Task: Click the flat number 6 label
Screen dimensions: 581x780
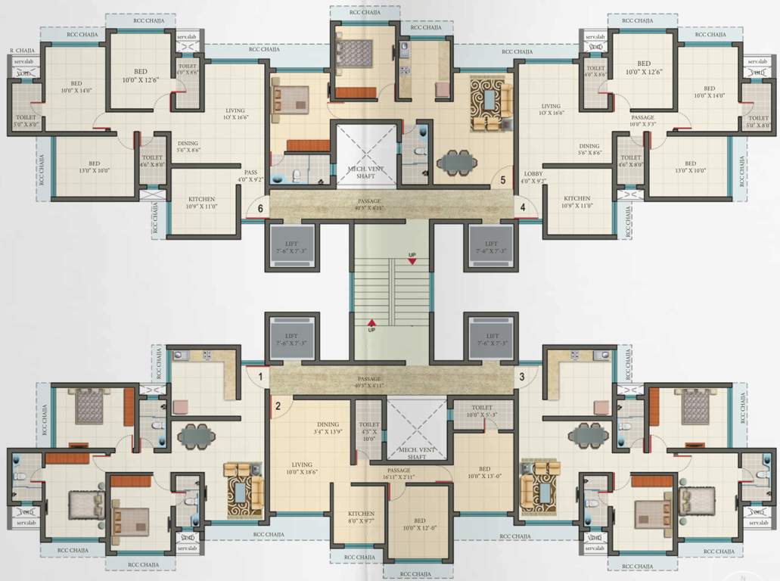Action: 261,208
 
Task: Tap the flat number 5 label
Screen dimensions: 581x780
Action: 503,181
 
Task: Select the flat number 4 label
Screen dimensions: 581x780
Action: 522,207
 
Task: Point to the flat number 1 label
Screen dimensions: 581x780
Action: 259,376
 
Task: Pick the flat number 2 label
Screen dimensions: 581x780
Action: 278,406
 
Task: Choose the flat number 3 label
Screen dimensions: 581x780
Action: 522,376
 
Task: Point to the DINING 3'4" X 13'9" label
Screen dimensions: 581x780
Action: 328,428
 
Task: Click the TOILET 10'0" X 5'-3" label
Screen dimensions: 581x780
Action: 482,411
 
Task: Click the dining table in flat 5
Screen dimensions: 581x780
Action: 457,160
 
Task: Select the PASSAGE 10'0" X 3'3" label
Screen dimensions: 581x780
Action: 644,121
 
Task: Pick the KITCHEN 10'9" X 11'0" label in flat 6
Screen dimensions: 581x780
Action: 201,202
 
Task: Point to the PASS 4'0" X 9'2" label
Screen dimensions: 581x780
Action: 250,176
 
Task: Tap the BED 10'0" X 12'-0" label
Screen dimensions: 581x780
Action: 419,524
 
